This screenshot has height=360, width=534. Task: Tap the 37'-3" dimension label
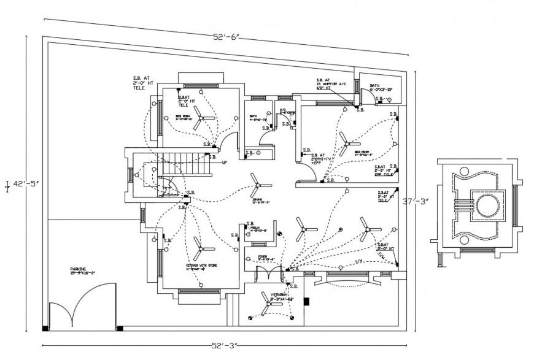click(414, 201)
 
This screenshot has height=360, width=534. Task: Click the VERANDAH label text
click(274, 295)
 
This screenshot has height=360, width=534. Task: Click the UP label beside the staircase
click(224, 163)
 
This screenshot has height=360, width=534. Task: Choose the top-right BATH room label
click(376, 86)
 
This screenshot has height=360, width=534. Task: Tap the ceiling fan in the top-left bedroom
click(198, 121)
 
